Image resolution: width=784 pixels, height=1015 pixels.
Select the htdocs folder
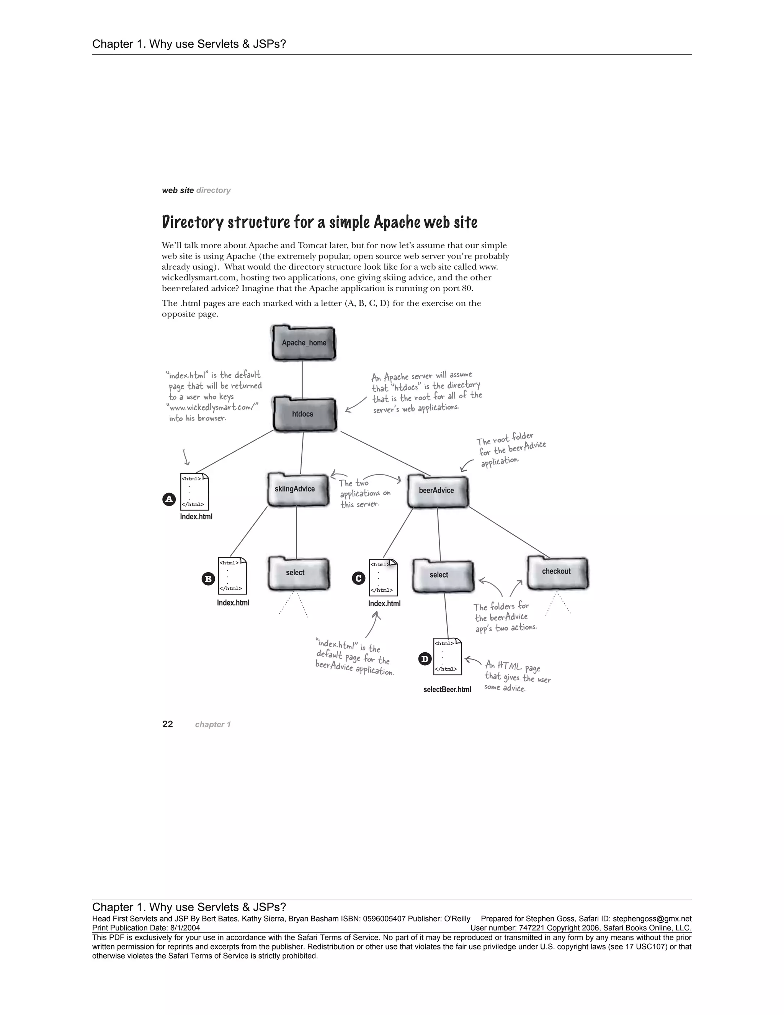tap(304, 414)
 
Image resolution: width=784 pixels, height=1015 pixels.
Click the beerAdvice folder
tap(437, 491)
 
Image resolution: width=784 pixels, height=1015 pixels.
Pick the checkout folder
tap(557, 573)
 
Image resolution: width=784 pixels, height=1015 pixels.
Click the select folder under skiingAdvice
tap(298, 573)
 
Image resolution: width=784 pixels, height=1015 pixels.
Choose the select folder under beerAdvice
tap(443, 576)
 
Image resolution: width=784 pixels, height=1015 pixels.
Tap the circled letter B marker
tap(208, 579)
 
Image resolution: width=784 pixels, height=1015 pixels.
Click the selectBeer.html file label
tap(447, 689)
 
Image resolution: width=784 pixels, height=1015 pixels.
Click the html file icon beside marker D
tap(447, 656)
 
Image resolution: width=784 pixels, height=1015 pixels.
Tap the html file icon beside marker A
tap(194, 491)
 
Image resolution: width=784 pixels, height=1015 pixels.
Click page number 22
tap(167, 724)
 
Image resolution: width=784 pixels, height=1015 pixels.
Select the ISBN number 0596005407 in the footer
tap(383, 919)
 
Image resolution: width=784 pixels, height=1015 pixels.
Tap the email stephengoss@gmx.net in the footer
tap(652, 919)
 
